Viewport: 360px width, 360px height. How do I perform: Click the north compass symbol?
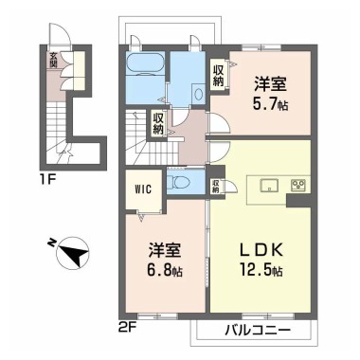67,254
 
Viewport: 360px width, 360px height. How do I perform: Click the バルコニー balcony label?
255,331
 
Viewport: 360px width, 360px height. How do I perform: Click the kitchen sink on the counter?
265,184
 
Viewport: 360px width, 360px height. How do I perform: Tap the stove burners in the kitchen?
297,184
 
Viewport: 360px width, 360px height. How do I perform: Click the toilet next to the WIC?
181,182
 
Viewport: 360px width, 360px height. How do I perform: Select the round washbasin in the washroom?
198,92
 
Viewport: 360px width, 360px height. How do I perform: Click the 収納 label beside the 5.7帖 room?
219,74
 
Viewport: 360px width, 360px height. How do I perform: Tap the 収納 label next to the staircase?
158,123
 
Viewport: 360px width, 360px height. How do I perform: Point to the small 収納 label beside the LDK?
217,186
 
